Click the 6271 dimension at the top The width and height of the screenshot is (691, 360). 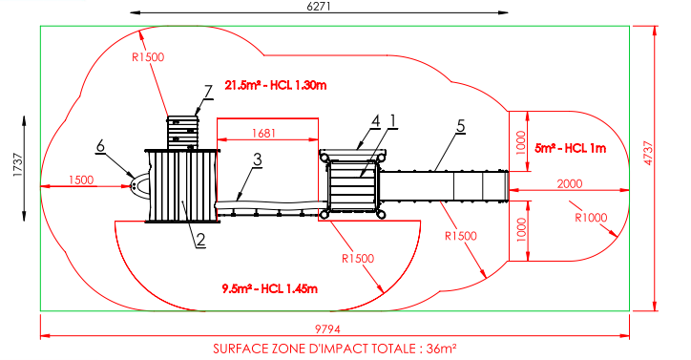[318, 6]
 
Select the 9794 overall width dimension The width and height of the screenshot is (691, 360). [327, 329]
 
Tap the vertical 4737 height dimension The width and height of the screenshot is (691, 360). [648, 153]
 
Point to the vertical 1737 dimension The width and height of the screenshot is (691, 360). [17, 165]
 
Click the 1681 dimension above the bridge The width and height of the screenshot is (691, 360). [263, 133]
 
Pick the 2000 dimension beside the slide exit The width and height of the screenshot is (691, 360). [570, 183]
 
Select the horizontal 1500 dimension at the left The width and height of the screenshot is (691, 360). [81, 180]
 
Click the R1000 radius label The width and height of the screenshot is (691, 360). [591, 218]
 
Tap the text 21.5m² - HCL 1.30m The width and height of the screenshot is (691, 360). [276, 85]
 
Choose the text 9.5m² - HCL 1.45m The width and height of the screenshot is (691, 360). [270, 289]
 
